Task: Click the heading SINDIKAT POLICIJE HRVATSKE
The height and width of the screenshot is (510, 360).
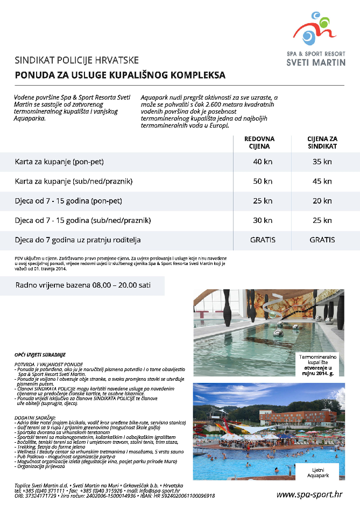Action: pos(77,59)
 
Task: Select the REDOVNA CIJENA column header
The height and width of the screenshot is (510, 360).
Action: pos(259,142)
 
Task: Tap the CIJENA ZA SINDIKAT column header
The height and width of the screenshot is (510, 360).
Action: pos(322,142)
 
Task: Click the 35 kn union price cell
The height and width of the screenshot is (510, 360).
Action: pos(322,162)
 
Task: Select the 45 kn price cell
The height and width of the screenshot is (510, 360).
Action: pos(322,181)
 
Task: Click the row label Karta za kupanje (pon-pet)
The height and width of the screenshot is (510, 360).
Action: pos(59,162)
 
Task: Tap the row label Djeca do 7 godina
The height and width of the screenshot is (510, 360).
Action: pos(78,240)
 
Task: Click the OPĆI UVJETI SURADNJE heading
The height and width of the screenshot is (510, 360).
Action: pos(40,355)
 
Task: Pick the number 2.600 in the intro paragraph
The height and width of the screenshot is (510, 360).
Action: pos(217,104)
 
